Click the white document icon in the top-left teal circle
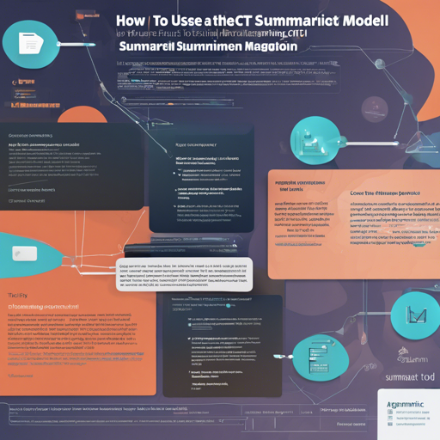(28, 43)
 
